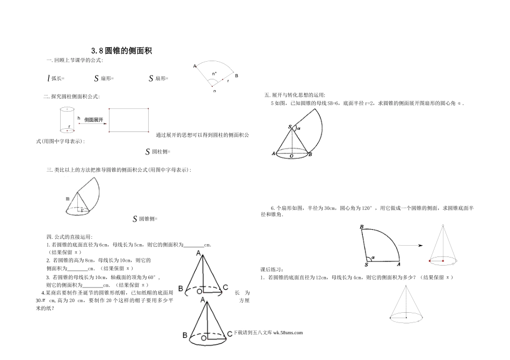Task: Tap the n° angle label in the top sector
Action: [215, 72]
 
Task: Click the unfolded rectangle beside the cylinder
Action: [129, 120]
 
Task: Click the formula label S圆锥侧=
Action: [144, 219]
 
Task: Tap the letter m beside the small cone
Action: [67, 199]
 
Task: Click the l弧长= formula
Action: [55, 78]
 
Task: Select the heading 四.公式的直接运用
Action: [69, 237]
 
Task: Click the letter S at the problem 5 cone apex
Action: [290, 127]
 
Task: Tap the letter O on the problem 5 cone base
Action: [291, 156]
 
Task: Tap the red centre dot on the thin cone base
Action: [443, 261]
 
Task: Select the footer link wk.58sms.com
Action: [288, 332]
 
